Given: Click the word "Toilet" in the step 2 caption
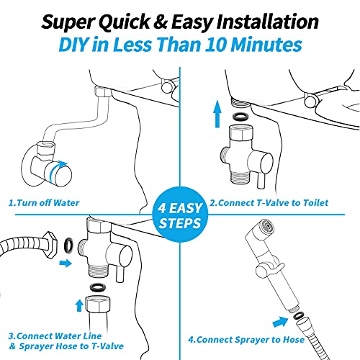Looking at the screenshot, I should [x=312, y=203].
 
